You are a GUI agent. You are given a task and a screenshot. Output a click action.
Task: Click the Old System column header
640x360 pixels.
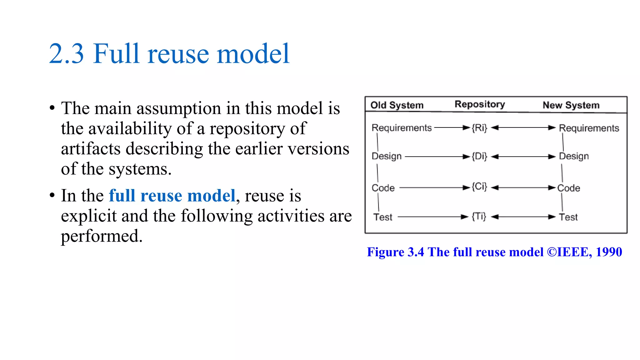[x=397, y=105]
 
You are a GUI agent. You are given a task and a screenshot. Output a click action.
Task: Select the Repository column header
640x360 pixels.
[x=480, y=104]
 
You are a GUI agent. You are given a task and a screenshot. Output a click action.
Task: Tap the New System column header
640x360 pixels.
[x=571, y=105]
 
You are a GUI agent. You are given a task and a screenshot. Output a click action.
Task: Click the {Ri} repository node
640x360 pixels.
[x=479, y=127]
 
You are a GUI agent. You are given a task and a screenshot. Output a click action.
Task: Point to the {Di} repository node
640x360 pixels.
[x=479, y=156]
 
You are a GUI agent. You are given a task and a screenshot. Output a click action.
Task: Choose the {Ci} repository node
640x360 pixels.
[x=479, y=187]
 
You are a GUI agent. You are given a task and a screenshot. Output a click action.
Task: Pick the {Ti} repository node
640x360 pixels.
[x=479, y=216]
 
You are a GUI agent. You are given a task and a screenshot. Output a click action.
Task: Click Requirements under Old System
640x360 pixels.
[x=402, y=128]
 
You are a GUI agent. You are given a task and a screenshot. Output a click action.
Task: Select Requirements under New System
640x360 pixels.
[x=589, y=128]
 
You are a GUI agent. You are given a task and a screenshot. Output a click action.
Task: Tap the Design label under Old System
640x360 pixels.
[x=387, y=156]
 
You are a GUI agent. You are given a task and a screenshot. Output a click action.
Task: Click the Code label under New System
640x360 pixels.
[x=569, y=188]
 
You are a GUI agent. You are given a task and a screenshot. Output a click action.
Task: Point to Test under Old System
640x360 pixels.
[x=383, y=217]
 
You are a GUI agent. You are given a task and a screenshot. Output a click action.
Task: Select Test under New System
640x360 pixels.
[x=568, y=217]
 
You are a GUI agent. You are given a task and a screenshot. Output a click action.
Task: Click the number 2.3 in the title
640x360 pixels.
[x=67, y=54]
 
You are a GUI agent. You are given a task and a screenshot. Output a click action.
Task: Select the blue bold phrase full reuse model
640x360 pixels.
[x=172, y=196]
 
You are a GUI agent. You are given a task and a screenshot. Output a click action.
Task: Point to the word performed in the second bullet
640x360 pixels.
[x=102, y=236]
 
